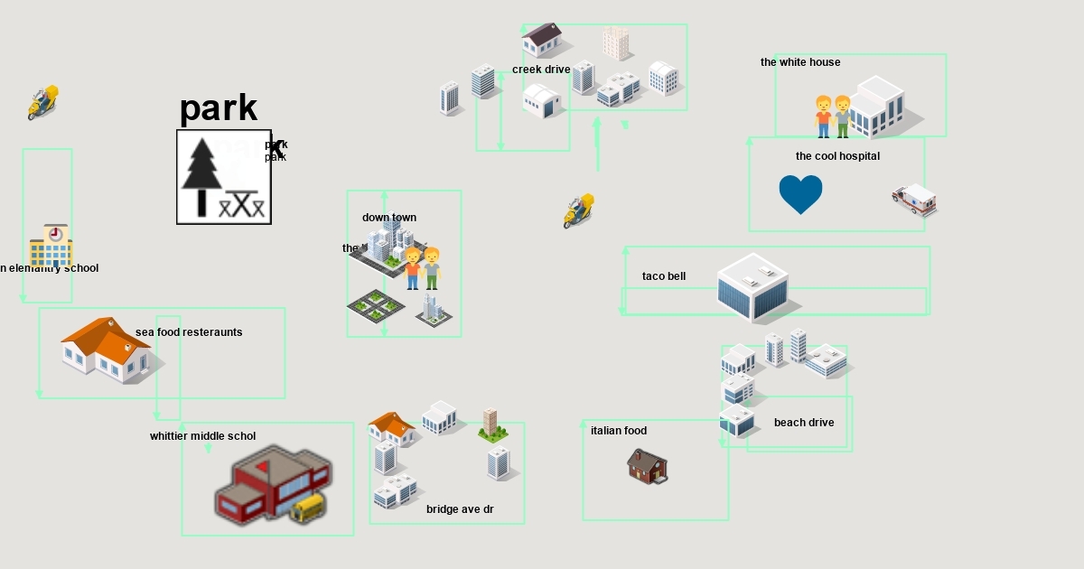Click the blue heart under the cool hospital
click(x=800, y=193)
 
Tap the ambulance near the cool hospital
click(x=914, y=200)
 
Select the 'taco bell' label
click(x=664, y=276)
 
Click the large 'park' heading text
click(x=219, y=108)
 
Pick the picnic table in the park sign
click(x=244, y=204)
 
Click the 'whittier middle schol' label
click(x=202, y=436)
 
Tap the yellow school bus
click(x=308, y=508)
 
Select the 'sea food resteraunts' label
click(x=189, y=332)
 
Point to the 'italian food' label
click(x=619, y=431)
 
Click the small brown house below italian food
click(x=648, y=466)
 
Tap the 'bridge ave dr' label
click(x=460, y=509)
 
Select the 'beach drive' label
click(x=804, y=423)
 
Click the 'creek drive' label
click(x=541, y=70)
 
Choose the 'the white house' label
click(x=800, y=62)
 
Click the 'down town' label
click(x=389, y=218)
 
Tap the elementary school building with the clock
click(x=51, y=245)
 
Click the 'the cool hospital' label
click(x=837, y=156)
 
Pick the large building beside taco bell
click(x=752, y=287)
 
